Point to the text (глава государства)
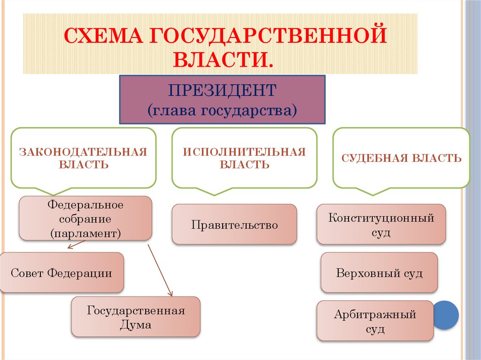tap(222, 110)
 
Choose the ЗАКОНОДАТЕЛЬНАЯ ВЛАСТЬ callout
tap(83, 158)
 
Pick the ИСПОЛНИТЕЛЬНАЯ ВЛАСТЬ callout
tap(244, 158)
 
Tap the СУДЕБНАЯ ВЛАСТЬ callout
tap(401, 158)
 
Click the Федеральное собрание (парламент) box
tap(85, 219)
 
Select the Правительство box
tap(234, 224)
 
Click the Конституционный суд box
tap(381, 224)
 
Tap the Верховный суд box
tap(379, 273)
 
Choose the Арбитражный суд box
tap(375, 321)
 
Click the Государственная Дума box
tap(136, 317)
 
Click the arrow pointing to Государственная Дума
tap(160, 270)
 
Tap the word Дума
tap(136, 324)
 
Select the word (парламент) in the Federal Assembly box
tap(85, 232)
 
